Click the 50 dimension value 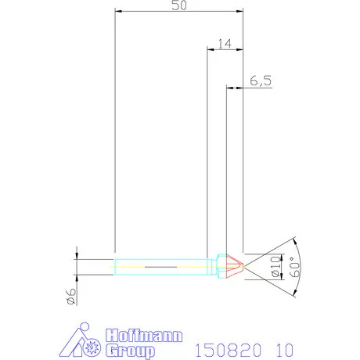point(178,5)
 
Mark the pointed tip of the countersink point(243,266)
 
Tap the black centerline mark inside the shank point(160,266)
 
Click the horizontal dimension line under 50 point(178,12)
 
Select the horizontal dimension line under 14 point(225,50)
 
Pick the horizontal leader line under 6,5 point(250,87)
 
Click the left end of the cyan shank point(115,266)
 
